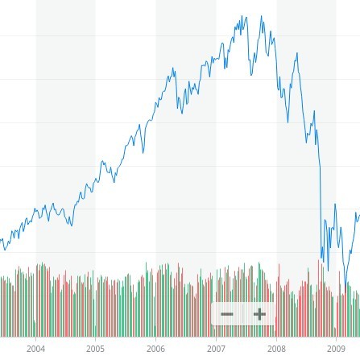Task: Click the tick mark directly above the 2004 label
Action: (35, 341)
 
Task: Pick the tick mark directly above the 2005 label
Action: (95, 341)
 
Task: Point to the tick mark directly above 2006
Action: (155, 341)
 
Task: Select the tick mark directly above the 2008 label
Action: (275, 341)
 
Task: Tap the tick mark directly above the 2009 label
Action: (336, 341)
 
